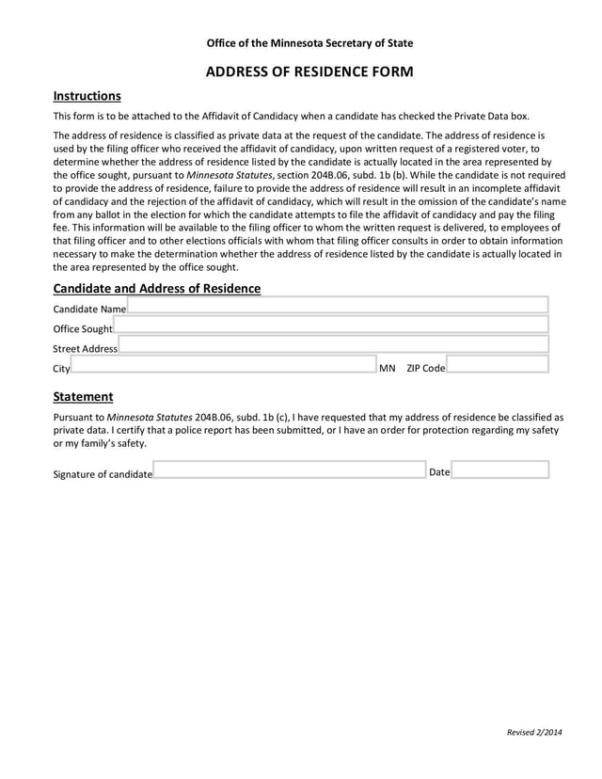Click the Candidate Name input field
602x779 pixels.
pyautogui.click(x=337, y=305)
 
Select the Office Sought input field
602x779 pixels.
pyautogui.click(x=330, y=326)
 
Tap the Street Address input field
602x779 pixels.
pyautogui.click(x=333, y=345)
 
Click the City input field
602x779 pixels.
pyautogui.click(x=223, y=365)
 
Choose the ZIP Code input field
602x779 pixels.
pyautogui.click(x=497, y=365)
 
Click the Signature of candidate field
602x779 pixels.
pyautogui.click(x=289, y=470)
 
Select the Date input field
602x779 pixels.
pyautogui.click(x=500, y=470)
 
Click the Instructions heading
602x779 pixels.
pyautogui.click(x=87, y=96)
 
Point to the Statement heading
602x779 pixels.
pyautogui.click(x=83, y=397)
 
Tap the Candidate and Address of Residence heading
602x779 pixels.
pyautogui.click(x=157, y=289)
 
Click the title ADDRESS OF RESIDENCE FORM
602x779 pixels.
pyautogui.click(x=309, y=72)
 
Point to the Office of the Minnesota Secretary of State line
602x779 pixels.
pyautogui.click(x=309, y=43)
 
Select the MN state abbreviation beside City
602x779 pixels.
pyautogui.click(x=387, y=369)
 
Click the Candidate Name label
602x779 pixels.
pyautogui.click(x=89, y=310)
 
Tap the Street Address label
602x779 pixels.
pyautogui.click(x=85, y=349)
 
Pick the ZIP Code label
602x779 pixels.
pyautogui.click(x=425, y=369)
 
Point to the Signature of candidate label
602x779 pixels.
pyautogui.click(x=103, y=474)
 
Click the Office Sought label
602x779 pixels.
pyautogui.click(x=82, y=329)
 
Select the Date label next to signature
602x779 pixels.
pyautogui.click(x=439, y=472)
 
